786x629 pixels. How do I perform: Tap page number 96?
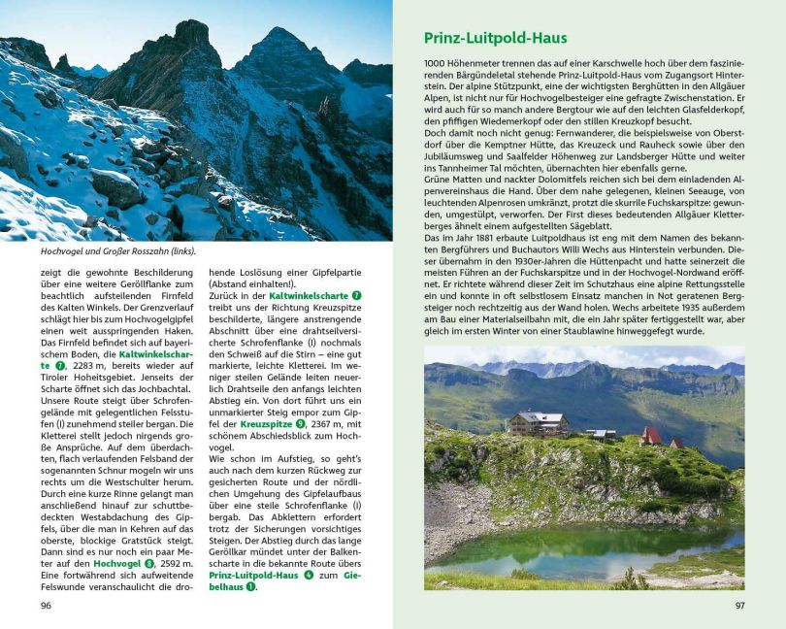(x=46, y=607)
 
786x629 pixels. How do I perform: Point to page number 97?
(x=738, y=607)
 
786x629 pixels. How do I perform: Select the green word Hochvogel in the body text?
(x=117, y=562)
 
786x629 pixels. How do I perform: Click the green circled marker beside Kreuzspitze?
(x=301, y=423)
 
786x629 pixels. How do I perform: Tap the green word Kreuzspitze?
(x=268, y=423)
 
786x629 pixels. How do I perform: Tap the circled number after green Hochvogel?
(x=148, y=562)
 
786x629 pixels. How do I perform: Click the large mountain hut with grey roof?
(x=540, y=424)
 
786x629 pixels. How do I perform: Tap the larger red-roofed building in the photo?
(x=651, y=435)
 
